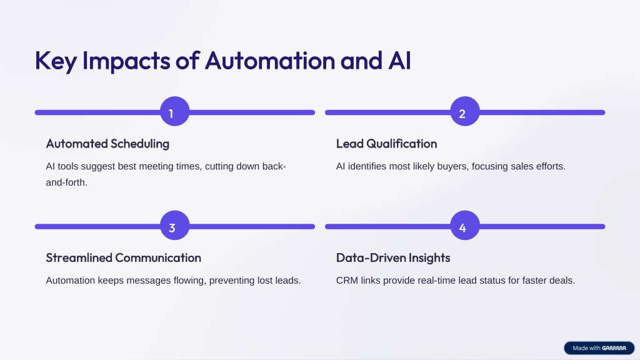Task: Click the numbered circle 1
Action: pos(175,111)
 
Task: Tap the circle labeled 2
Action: pos(465,111)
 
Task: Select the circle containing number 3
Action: pos(175,225)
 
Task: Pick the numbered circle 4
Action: pos(465,225)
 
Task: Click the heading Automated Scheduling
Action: pos(107,144)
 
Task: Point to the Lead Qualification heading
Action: pos(386,144)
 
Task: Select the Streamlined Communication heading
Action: pos(123,257)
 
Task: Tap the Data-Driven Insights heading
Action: pos(393,257)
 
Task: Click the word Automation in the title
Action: pos(270,61)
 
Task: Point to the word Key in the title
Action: pos(56,61)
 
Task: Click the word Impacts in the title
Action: pos(126,61)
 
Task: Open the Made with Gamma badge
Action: pos(599,348)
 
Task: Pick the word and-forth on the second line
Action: pos(66,182)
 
